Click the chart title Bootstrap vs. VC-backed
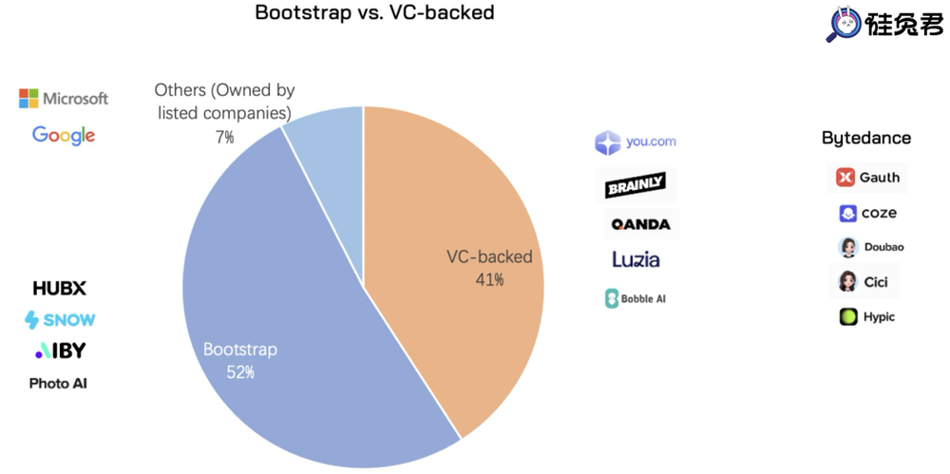click(374, 13)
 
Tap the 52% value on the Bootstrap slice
click(239, 372)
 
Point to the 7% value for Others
click(224, 138)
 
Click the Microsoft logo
click(64, 99)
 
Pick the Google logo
click(64, 135)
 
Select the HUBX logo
click(59, 288)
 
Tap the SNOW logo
click(60, 320)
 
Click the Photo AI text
click(58, 384)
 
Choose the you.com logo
click(636, 142)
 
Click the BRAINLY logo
click(636, 184)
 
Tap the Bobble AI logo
click(636, 298)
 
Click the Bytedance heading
click(865, 138)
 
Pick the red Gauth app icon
click(845, 178)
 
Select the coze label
click(879, 214)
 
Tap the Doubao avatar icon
click(848, 247)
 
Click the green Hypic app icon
click(848, 316)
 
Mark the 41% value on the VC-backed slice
click(489, 280)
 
